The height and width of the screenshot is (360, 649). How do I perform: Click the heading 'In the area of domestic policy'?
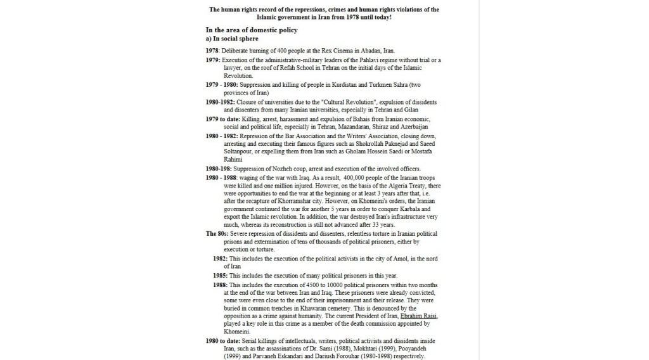pos(252,30)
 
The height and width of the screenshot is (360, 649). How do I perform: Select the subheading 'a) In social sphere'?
pos(232,39)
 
